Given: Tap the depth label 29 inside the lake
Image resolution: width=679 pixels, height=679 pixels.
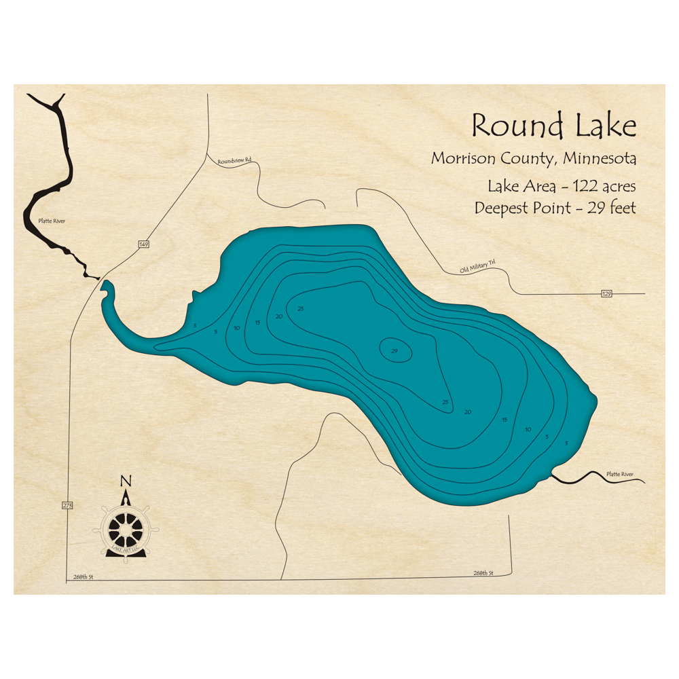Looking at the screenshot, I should [x=394, y=351].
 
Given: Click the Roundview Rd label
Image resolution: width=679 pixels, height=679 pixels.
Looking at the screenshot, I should [x=234, y=161].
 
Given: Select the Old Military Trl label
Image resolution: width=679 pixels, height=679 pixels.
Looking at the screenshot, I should [x=479, y=268].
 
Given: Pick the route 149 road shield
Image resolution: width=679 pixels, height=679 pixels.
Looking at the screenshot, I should [x=144, y=244].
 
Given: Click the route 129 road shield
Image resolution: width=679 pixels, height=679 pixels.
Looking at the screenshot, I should [x=606, y=294].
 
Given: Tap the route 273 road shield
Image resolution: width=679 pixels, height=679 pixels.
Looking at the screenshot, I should [x=67, y=505].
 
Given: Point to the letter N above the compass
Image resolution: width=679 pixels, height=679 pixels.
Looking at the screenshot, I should [x=125, y=481].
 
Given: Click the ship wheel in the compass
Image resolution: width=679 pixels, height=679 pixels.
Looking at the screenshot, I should [x=126, y=528].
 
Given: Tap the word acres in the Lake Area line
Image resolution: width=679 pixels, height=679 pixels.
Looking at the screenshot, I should [x=619, y=186].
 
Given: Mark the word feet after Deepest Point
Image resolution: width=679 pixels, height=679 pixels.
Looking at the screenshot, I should [x=622, y=208].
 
